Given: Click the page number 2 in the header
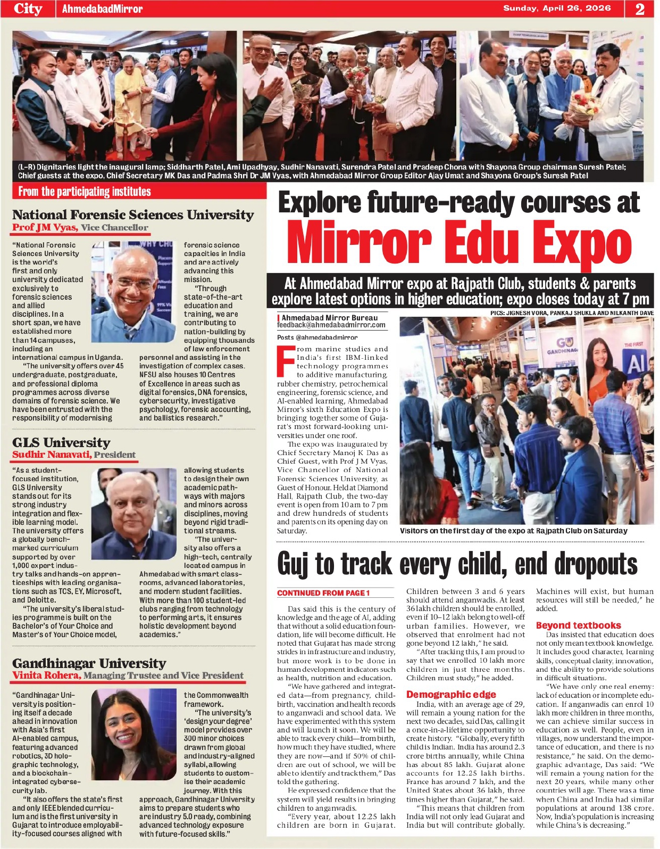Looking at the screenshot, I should (640, 9).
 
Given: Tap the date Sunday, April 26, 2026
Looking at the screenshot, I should (557, 8).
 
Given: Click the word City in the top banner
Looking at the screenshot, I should (28, 9).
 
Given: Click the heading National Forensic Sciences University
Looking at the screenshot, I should (133, 215).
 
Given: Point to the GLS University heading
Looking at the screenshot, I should (61, 443).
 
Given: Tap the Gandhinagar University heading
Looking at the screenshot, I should (89, 663).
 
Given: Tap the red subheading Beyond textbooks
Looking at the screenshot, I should (578, 625).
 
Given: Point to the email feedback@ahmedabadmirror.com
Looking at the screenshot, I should (331, 325).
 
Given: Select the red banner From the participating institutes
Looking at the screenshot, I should (85, 192).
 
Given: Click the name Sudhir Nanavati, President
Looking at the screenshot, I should (74, 455).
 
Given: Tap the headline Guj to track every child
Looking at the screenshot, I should (457, 564).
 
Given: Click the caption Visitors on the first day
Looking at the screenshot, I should (513, 531).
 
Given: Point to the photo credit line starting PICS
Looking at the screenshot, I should (572, 313).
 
